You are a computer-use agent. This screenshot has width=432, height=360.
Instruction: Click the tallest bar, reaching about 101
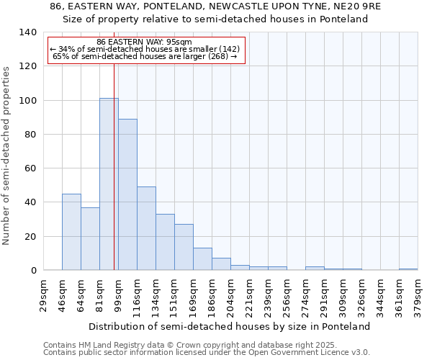[x=109, y=184]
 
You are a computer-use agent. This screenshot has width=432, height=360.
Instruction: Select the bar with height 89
[x=127, y=194]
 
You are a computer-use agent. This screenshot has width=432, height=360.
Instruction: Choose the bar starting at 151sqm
[x=184, y=247]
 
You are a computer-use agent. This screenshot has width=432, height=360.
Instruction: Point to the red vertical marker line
[x=114, y=166]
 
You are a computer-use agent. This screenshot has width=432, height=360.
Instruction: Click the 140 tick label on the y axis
[x=27, y=32]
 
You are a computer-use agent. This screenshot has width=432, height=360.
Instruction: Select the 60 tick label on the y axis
[x=30, y=168]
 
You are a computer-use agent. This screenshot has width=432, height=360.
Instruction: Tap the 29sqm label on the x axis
[x=43, y=295]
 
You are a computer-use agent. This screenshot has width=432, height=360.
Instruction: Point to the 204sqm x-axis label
[x=230, y=295]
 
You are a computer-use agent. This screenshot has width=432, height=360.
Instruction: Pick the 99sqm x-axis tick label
[x=118, y=295]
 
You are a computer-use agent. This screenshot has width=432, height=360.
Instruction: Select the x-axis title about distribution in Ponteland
[x=230, y=326]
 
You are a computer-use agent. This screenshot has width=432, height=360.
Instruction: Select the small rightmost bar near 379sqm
[x=408, y=269]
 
